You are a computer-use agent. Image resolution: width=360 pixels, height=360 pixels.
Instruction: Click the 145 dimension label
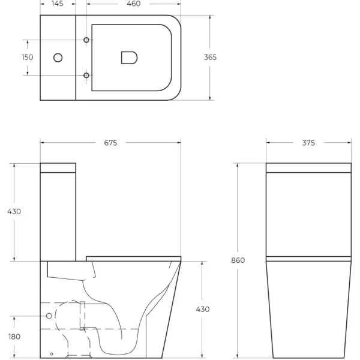coord(58,4)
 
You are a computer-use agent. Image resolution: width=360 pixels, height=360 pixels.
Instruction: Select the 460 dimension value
coord(133,4)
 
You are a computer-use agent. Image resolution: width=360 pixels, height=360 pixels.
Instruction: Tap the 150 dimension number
coord(27,58)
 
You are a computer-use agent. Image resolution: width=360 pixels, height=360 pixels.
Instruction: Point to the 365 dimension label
coord(210,58)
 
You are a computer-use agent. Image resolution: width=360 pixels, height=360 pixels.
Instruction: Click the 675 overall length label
coord(110,143)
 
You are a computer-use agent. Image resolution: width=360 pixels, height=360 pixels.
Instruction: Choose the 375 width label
coord(308,143)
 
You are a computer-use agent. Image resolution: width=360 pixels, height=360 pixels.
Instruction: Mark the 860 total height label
coord(238,260)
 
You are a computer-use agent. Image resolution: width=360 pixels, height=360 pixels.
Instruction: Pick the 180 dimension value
coord(14,337)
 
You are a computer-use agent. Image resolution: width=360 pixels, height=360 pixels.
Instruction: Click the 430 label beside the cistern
coord(14,211)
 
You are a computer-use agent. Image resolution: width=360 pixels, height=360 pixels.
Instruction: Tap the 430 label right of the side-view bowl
coord(203,310)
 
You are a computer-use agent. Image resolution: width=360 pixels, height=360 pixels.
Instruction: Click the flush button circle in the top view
coord(58,58)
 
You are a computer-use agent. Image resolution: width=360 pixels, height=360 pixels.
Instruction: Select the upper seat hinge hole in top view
coord(86,40)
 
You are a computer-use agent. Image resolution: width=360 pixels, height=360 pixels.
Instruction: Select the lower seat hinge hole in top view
coord(86,75)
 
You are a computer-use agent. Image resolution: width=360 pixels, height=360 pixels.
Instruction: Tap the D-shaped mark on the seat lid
coord(129,58)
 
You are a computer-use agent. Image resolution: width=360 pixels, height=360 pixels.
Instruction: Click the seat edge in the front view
coord(308,259)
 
